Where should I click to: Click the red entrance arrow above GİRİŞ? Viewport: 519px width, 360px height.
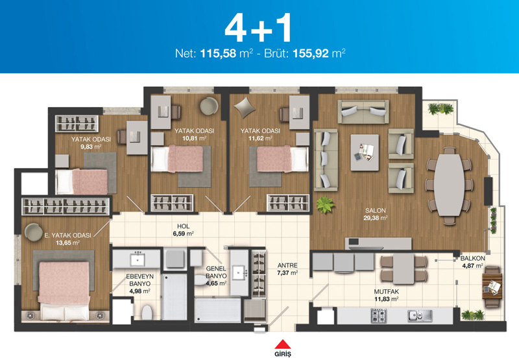pyautogui.click(x=283, y=344)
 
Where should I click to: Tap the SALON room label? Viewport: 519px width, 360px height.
pyautogui.click(x=376, y=210)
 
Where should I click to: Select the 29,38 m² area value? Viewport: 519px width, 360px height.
pyautogui.click(x=376, y=218)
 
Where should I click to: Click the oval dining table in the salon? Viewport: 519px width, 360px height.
pyautogui.click(x=449, y=185)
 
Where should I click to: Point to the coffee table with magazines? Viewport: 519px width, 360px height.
pyautogui.click(x=365, y=152)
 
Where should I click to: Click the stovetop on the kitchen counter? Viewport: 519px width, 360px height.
pyautogui.click(x=378, y=316)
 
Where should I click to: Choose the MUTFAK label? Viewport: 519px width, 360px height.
pyautogui.click(x=386, y=292)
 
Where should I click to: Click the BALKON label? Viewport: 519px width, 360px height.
pyautogui.click(x=473, y=258)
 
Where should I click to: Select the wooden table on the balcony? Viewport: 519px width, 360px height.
pyautogui.click(x=492, y=287)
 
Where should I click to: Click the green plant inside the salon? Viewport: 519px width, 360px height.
pyautogui.click(x=325, y=204)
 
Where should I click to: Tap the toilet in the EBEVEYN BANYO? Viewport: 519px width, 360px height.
pyautogui.click(x=147, y=313)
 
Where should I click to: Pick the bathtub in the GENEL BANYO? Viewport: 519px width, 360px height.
pyautogui.click(x=217, y=310)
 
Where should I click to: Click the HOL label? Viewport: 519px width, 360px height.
pyautogui.click(x=184, y=226)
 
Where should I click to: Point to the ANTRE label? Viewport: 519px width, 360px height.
pyautogui.click(x=287, y=265)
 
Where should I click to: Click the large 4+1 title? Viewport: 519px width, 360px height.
pyautogui.click(x=258, y=28)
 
